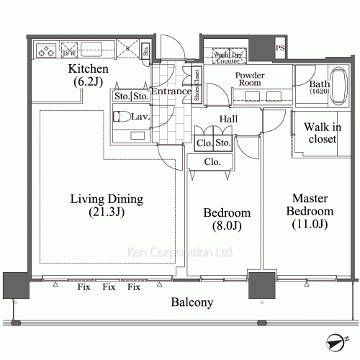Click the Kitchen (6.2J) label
pyautogui.click(x=88, y=76)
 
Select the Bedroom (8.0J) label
pyautogui.click(x=227, y=220)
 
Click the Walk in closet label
pyautogui.click(x=320, y=133)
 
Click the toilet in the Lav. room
pyautogui.click(x=123, y=118)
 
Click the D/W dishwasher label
pyautogui.click(x=70, y=53)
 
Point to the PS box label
pyautogui.click(x=279, y=49)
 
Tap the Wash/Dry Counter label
pyautogui.click(x=229, y=55)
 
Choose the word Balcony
pyautogui.click(x=192, y=302)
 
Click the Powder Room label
pyautogui.click(x=251, y=78)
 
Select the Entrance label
pyautogui.click(x=171, y=91)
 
